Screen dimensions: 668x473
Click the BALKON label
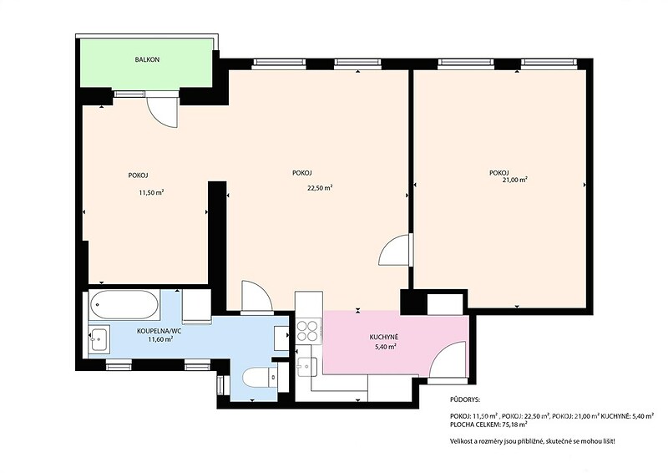(147, 59)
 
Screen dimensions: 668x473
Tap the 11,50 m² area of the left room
(151, 192)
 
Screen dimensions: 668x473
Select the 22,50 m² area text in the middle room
(320, 187)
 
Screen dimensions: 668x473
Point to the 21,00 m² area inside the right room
(515, 180)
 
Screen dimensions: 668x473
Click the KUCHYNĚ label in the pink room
(384, 337)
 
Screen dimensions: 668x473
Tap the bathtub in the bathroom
(124, 304)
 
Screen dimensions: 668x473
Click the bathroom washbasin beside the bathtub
(99, 338)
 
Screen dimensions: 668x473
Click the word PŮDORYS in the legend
(465, 400)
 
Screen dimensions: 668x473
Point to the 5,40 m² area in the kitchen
(386, 347)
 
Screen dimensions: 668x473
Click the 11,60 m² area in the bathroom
(160, 339)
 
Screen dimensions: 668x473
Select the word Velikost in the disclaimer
(461, 441)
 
